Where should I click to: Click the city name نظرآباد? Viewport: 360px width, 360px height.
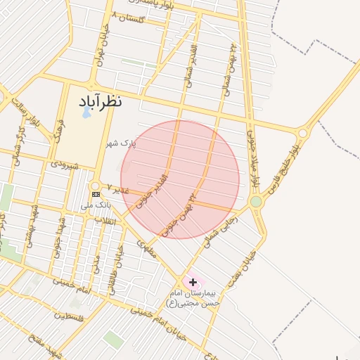pyautogui.click(x=97, y=101)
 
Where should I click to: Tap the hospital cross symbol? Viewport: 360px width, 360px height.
pyautogui.click(x=193, y=282)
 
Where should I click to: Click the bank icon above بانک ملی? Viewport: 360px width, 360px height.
pyautogui.click(x=96, y=194)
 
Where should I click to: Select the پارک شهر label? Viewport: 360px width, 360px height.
pyautogui.click(x=120, y=143)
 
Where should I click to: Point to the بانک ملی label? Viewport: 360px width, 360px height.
pyautogui.click(x=96, y=205)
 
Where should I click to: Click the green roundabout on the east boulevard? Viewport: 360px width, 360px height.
pyautogui.click(x=256, y=202)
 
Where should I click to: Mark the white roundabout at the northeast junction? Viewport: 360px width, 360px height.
pyautogui.click(x=302, y=132)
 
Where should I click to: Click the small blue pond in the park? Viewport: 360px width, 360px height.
pyautogui.click(x=86, y=112)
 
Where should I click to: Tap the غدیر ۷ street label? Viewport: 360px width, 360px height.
pyautogui.click(x=117, y=190)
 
